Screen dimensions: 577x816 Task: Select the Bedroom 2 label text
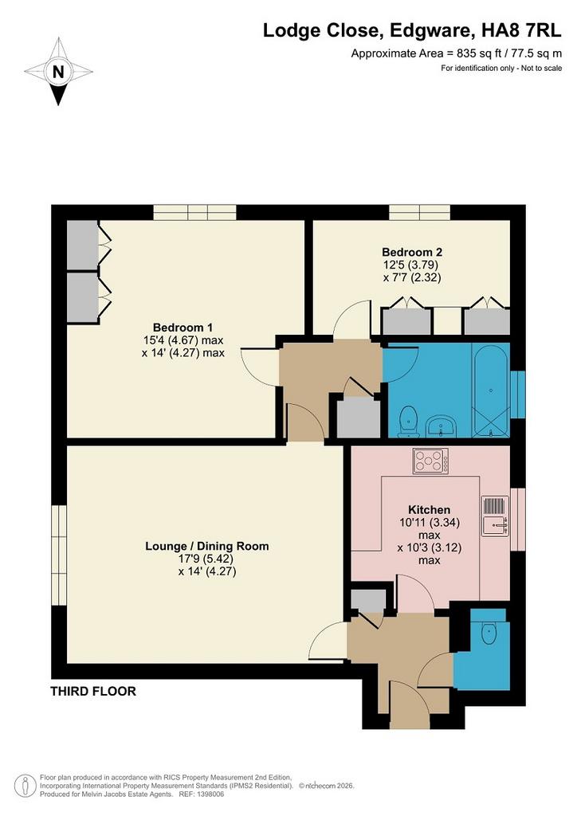click(412, 253)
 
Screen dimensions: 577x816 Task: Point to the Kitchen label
click(430, 510)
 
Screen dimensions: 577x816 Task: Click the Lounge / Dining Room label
click(207, 547)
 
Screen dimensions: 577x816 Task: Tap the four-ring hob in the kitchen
click(430, 461)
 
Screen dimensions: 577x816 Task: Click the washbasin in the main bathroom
click(442, 426)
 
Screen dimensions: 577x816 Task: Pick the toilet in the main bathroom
click(408, 422)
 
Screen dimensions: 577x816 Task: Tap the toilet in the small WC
click(489, 631)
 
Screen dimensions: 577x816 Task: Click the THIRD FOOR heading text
click(93, 692)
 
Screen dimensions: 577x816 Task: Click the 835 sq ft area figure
click(474, 53)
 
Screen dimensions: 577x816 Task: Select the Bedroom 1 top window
click(194, 212)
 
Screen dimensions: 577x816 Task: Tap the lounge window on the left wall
click(59, 555)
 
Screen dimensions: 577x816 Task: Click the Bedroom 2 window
click(419, 212)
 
